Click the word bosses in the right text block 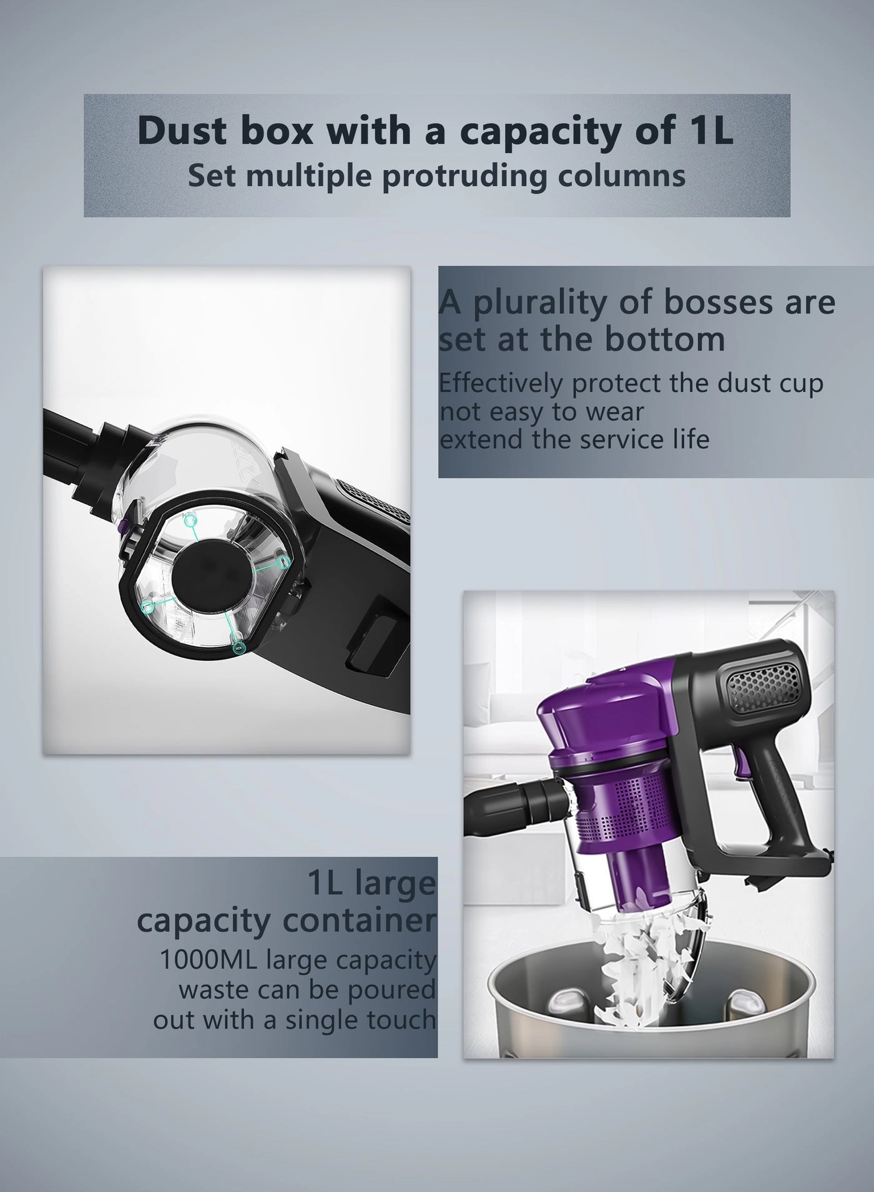click(704, 302)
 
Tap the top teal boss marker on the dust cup click(189, 520)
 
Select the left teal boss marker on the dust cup click(149, 606)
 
